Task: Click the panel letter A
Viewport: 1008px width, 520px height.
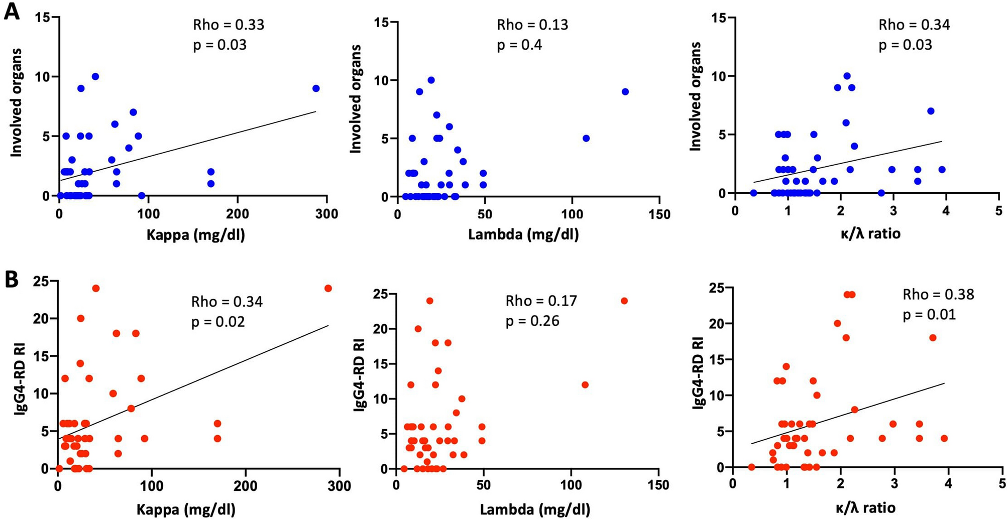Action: pyautogui.click(x=12, y=11)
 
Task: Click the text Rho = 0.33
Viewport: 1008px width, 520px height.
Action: pyautogui.click(x=229, y=25)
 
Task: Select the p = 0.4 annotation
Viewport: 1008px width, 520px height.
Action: pyautogui.click(x=519, y=45)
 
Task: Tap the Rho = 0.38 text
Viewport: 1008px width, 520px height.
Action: pyautogui.click(x=938, y=295)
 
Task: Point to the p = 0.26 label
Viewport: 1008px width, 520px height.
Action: pyautogui.click(x=532, y=321)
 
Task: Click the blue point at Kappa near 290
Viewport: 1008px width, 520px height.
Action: pyautogui.click(x=316, y=88)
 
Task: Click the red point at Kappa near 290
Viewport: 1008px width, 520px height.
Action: pyautogui.click(x=328, y=288)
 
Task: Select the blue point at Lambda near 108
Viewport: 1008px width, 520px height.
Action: pyautogui.click(x=586, y=138)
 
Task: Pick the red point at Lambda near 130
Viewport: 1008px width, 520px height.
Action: pyautogui.click(x=624, y=301)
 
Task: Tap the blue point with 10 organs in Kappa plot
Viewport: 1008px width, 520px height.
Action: pyautogui.click(x=95, y=76)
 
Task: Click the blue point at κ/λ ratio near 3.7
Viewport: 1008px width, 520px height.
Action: pyautogui.click(x=930, y=111)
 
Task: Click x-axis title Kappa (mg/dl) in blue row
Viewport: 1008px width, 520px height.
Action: pyautogui.click(x=195, y=234)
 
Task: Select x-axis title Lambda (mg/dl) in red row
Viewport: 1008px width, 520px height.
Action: pyautogui.click(x=535, y=510)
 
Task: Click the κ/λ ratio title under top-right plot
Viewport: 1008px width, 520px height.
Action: pyautogui.click(x=870, y=233)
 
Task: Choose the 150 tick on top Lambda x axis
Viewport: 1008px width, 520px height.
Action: pyautogui.click(x=659, y=214)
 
